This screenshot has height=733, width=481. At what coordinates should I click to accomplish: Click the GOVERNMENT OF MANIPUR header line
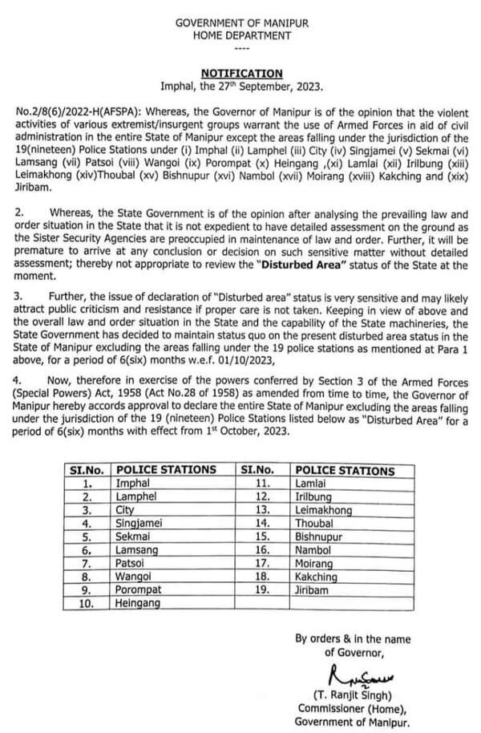[x=241, y=26]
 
